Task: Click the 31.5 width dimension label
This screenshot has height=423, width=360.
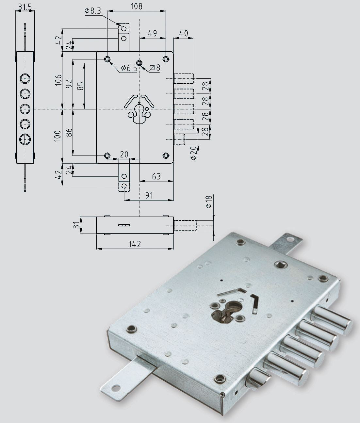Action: [x=25, y=7]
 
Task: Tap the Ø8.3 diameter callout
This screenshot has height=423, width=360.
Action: [x=93, y=11]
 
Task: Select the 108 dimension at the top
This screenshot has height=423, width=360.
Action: [x=137, y=6]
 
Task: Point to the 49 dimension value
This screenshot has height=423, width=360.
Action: [x=152, y=33]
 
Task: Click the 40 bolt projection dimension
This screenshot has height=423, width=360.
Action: [x=183, y=33]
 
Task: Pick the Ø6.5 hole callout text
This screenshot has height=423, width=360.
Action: [x=129, y=68]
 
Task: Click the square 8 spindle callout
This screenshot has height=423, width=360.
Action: [x=155, y=68]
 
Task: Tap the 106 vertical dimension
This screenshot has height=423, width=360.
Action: [x=58, y=80]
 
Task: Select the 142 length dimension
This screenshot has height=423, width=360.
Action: [x=135, y=244]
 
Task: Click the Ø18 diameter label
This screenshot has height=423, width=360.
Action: [x=208, y=202]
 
